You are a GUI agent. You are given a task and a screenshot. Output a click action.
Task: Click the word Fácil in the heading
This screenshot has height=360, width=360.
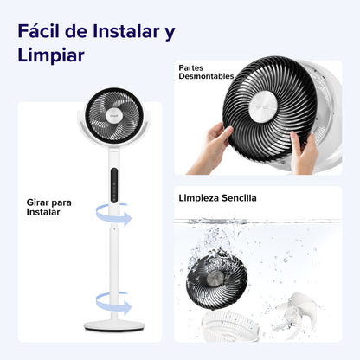coord(42,32)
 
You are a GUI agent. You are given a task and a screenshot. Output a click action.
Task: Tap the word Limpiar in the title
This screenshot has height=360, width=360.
coord(50,56)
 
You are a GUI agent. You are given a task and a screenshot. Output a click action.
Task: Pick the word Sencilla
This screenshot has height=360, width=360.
coord(240,197)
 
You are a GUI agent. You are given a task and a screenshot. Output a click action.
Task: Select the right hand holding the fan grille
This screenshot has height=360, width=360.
coord(303,149)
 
